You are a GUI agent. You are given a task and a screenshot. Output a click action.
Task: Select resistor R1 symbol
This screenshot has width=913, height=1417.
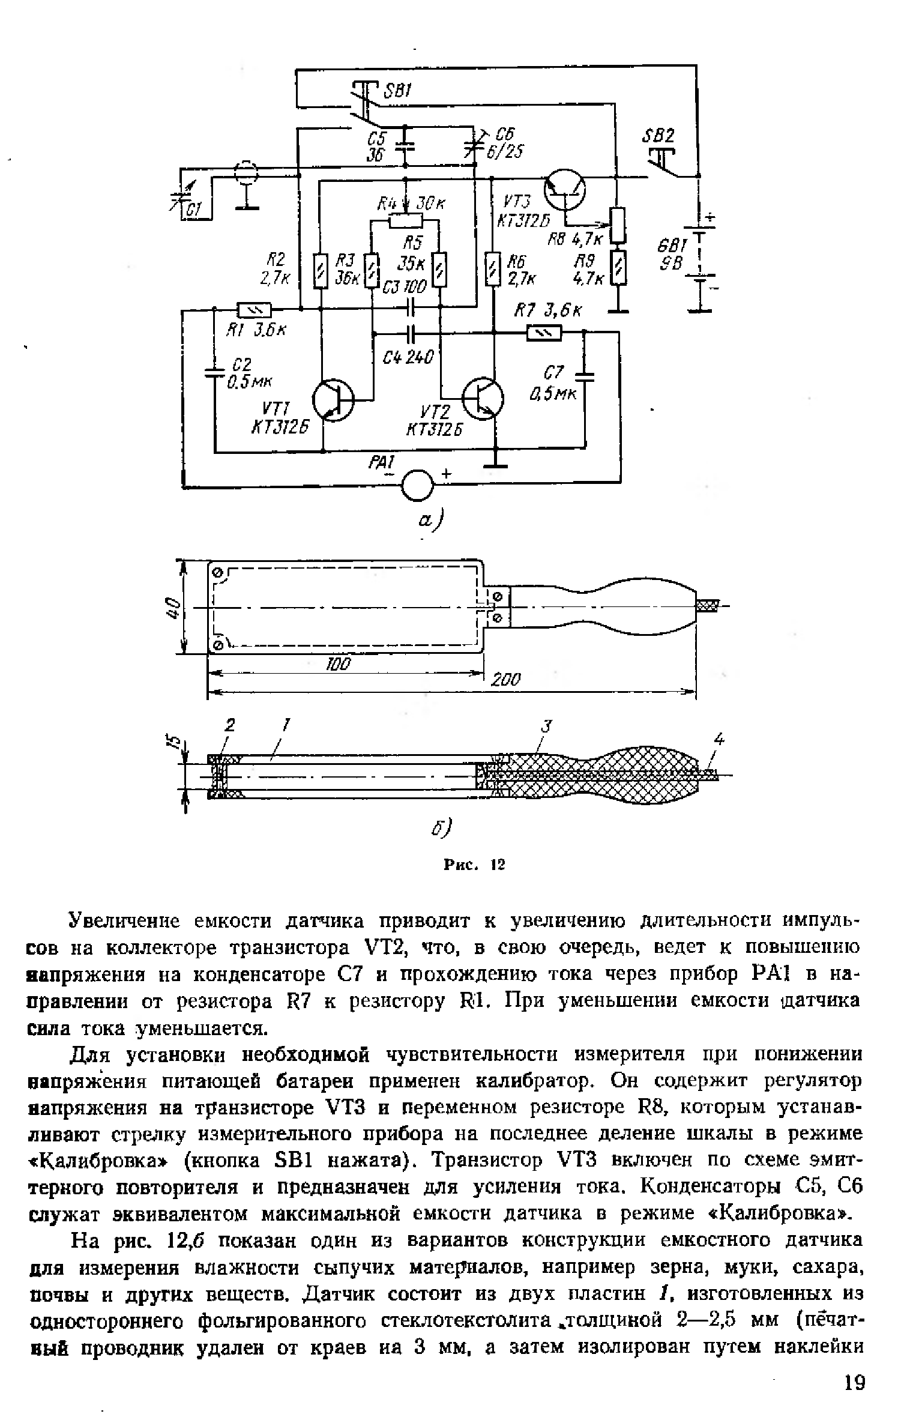255,310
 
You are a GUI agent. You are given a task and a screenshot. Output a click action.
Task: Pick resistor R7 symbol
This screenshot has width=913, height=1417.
544,332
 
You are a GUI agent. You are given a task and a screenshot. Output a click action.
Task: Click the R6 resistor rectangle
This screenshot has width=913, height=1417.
493,270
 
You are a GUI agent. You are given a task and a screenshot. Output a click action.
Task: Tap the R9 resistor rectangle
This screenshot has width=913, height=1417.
618,268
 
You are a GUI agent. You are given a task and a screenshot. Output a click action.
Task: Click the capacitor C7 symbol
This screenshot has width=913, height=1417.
584,376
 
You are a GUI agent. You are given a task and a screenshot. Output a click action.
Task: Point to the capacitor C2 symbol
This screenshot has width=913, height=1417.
214,372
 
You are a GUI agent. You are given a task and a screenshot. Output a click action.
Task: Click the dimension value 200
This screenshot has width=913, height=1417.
505,680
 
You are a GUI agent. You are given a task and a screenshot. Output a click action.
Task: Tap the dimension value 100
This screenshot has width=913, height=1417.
337,664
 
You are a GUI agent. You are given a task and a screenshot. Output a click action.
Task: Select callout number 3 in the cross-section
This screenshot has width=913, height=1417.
545,726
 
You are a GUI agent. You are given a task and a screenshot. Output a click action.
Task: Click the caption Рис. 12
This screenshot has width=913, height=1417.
474,865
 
